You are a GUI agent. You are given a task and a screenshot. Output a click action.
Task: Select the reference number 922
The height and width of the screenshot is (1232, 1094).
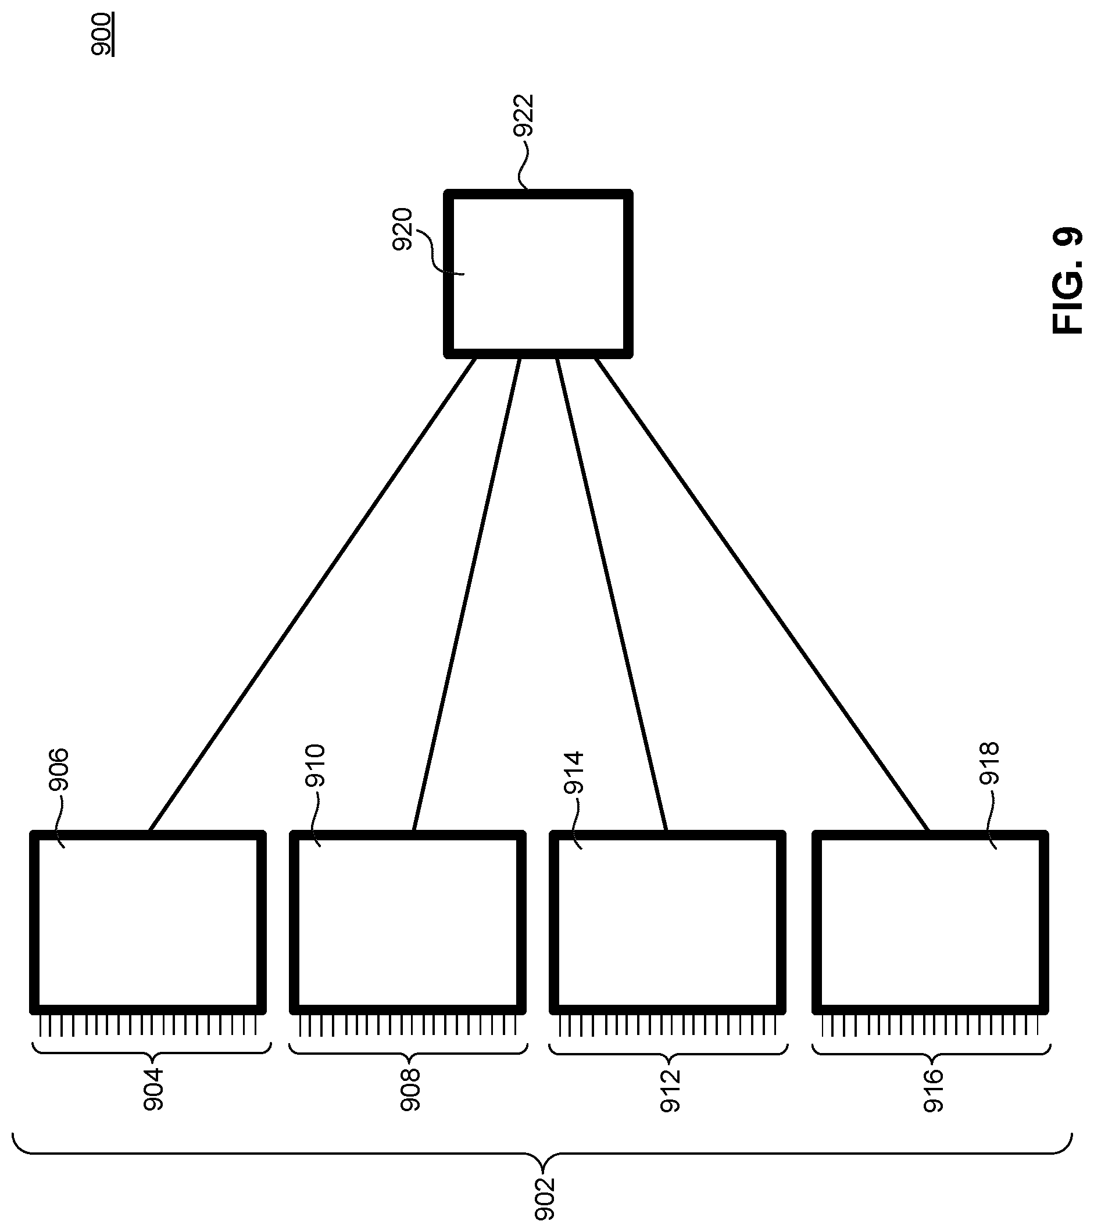523,116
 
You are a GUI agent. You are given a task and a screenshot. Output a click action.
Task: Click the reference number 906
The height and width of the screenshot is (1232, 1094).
59,769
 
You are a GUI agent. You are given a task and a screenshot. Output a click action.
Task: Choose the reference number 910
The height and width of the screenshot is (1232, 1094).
314,766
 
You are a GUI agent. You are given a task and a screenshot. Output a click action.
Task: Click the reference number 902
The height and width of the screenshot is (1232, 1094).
544,1199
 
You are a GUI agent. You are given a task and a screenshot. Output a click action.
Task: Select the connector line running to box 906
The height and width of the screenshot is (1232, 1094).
312,595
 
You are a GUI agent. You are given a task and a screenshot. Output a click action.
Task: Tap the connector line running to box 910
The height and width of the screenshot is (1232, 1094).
467,595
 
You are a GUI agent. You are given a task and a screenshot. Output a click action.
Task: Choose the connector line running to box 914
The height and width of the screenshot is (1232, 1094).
611,595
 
